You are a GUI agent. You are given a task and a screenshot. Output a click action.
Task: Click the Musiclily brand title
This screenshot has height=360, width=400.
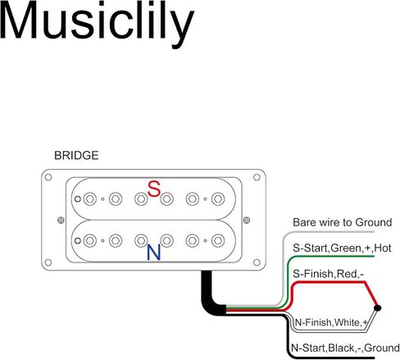[97, 23]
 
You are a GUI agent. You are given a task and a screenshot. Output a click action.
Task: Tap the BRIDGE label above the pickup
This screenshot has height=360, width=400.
[76, 156]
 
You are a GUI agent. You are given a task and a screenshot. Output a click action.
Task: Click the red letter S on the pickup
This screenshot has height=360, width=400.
[154, 189]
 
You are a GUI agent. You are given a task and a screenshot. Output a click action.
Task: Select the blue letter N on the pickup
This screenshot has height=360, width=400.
[154, 253]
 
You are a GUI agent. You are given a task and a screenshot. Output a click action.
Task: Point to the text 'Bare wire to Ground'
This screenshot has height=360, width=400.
[343, 222]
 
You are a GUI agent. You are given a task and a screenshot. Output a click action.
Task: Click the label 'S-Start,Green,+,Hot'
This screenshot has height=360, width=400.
[342, 248]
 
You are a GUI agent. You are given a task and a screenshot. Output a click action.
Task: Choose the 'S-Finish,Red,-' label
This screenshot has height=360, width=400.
[328, 274]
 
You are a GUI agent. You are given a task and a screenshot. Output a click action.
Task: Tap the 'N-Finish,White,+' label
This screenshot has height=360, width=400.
[331, 322]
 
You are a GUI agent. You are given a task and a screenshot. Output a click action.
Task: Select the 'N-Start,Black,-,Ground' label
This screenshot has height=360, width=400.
[345, 348]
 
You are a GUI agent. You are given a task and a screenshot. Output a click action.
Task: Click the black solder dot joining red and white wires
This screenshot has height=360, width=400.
[377, 308]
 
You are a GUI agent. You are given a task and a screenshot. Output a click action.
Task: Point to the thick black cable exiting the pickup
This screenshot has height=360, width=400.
[210, 298]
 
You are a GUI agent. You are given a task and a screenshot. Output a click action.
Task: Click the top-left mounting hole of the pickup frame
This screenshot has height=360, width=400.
[48, 177]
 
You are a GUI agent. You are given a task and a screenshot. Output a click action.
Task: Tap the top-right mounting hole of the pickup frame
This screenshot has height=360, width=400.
[257, 177]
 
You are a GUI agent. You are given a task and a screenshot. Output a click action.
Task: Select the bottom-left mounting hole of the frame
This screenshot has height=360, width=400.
[48, 262]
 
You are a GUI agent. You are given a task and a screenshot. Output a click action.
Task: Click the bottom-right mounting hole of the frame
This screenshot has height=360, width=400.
[257, 262]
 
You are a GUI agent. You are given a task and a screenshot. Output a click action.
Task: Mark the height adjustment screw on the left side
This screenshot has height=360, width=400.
[61, 220]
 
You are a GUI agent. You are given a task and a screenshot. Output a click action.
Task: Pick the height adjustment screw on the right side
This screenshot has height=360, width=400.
[247, 220]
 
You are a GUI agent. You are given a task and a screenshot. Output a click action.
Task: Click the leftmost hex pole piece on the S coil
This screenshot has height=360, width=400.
[89, 199]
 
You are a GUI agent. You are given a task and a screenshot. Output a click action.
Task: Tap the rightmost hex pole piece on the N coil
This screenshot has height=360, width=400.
[218, 241]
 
